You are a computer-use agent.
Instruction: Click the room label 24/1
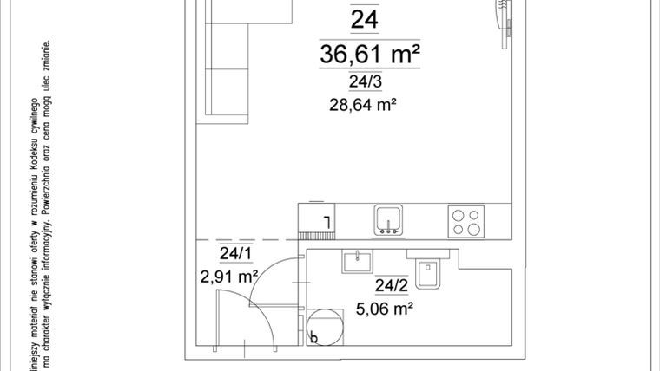pos(235,254)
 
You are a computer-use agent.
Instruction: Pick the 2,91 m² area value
pos(230,277)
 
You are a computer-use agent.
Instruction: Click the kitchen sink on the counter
pos(389,219)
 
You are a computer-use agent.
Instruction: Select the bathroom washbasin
pos(356,262)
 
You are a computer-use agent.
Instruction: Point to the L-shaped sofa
pos(228,61)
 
